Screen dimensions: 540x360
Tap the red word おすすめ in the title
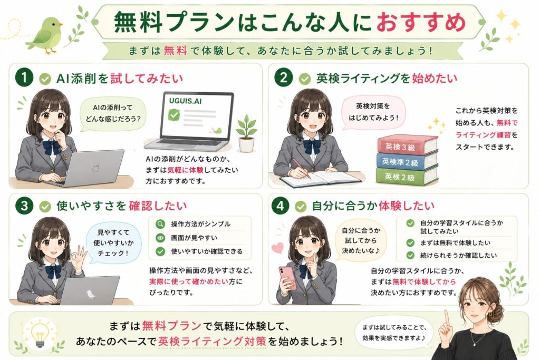tap(421, 22)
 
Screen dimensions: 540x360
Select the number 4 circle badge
tap(280, 206)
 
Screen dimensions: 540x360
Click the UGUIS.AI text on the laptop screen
tap(185, 101)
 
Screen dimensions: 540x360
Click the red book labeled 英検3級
tap(408, 144)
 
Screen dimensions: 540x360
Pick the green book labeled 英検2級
tap(407, 176)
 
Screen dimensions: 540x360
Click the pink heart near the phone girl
tap(277, 247)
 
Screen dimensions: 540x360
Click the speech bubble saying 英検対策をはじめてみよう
tap(373, 112)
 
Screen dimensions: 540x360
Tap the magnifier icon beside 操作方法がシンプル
tap(160, 224)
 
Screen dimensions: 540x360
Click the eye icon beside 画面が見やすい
tap(160, 238)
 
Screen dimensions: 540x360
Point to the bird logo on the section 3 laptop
tap(90, 294)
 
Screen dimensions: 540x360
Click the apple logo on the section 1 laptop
tap(95, 169)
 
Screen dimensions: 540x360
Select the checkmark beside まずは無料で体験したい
tap(410, 243)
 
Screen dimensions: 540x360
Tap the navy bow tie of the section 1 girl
tap(51, 147)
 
